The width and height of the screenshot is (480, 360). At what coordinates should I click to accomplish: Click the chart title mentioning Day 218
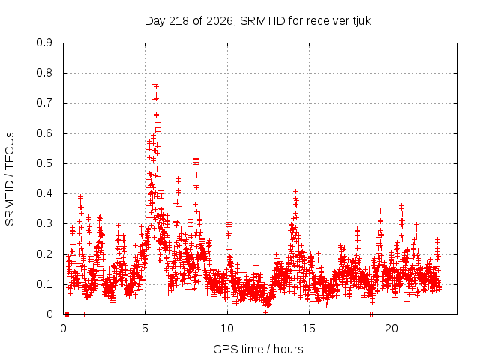click(x=258, y=21)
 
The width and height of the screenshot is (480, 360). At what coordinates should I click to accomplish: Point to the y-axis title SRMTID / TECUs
click(x=10, y=179)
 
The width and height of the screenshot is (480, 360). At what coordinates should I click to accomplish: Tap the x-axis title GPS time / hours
click(x=258, y=349)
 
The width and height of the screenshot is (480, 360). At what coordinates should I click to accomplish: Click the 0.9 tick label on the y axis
click(x=44, y=43)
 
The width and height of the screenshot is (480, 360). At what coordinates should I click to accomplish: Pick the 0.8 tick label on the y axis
click(x=44, y=73)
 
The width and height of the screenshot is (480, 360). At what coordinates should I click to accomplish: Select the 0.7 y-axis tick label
click(x=44, y=103)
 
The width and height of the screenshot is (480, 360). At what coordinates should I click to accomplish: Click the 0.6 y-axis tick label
click(x=44, y=133)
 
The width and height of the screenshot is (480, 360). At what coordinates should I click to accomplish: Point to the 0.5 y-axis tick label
click(x=44, y=163)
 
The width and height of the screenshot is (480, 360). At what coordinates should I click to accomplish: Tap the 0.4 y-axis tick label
click(x=44, y=193)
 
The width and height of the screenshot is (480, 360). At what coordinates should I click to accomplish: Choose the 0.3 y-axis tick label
click(x=44, y=223)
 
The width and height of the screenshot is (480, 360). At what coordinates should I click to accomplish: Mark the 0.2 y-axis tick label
click(x=44, y=254)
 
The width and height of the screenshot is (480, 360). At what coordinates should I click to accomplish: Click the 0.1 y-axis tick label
click(x=44, y=284)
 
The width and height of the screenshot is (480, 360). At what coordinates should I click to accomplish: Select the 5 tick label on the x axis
click(x=145, y=328)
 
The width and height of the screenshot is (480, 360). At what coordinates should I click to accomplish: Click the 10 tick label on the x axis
click(x=227, y=328)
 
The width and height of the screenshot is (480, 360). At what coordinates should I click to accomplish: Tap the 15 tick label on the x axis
click(x=309, y=328)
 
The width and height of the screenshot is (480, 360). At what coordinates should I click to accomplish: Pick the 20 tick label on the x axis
click(x=391, y=328)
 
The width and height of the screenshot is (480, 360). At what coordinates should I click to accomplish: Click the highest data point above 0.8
click(x=155, y=67)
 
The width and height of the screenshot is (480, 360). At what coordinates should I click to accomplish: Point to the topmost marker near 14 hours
click(x=295, y=192)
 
